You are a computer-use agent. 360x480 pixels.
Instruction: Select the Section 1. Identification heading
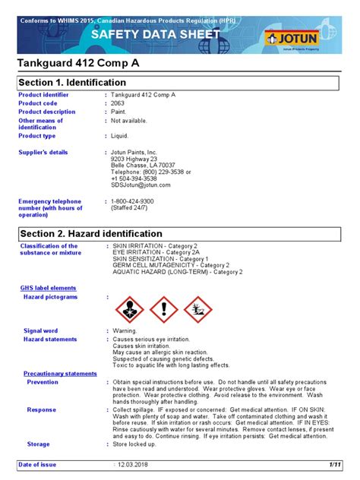[x=73, y=82]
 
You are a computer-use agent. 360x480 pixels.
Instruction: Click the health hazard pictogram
[x=129, y=308]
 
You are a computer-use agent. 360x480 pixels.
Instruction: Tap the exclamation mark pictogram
[x=163, y=308]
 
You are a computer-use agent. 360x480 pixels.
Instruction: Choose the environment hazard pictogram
[x=197, y=308]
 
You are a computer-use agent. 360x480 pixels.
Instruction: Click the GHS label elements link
[x=48, y=288]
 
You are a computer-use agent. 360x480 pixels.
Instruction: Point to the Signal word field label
[x=40, y=331]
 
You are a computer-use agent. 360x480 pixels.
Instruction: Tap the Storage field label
[x=38, y=444]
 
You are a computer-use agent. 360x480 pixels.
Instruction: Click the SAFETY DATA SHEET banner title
[x=156, y=34]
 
